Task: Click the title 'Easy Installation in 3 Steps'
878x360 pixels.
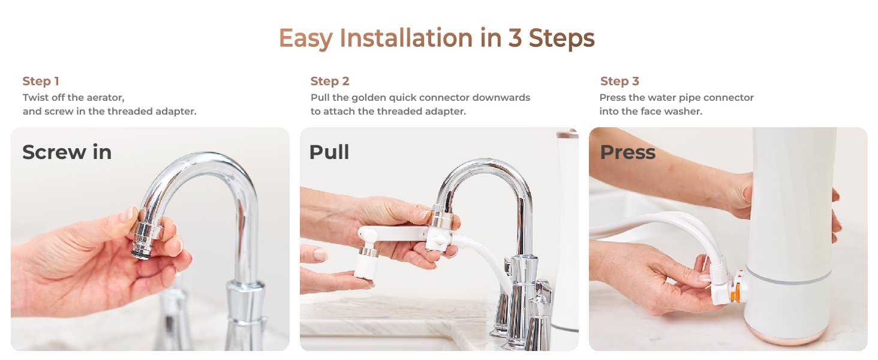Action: tap(437, 38)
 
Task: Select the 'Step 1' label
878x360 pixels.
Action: tap(41, 81)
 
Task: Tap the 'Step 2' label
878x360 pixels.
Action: tap(330, 81)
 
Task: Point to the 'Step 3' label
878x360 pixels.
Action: tap(620, 81)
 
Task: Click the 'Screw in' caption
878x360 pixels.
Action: tap(67, 152)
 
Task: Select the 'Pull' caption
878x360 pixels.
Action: tap(329, 152)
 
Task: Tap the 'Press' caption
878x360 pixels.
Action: tap(628, 152)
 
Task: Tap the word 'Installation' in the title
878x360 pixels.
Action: tap(406, 38)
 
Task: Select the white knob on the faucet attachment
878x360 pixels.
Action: tap(441, 239)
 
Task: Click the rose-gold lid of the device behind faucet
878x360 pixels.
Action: tap(567, 134)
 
